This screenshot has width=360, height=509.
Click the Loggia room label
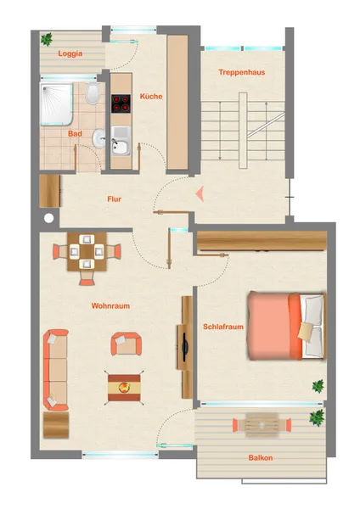click(70, 53)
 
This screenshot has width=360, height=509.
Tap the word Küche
click(151, 96)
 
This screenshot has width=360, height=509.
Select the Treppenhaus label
click(242, 72)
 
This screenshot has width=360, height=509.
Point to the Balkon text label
click(261, 458)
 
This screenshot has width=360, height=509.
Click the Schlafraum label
click(223, 327)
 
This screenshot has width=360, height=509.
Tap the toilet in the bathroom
click(93, 92)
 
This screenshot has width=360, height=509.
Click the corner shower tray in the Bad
click(56, 104)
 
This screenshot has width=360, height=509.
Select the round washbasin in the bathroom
click(98, 138)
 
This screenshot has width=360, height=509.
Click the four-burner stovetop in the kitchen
click(121, 103)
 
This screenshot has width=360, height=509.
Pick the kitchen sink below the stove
click(121, 141)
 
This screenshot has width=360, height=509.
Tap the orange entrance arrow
click(200, 193)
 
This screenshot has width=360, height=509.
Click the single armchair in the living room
click(126, 344)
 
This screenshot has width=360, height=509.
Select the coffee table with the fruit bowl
click(124, 388)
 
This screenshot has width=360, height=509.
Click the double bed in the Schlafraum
click(287, 327)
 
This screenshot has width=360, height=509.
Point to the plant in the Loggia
click(47, 39)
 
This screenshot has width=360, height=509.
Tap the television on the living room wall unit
click(185, 347)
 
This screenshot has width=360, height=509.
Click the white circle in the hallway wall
click(48, 219)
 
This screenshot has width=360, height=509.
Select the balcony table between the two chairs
click(262, 425)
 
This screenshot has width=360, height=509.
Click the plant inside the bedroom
click(318, 386)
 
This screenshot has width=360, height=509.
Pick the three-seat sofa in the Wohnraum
click(56, 370)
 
